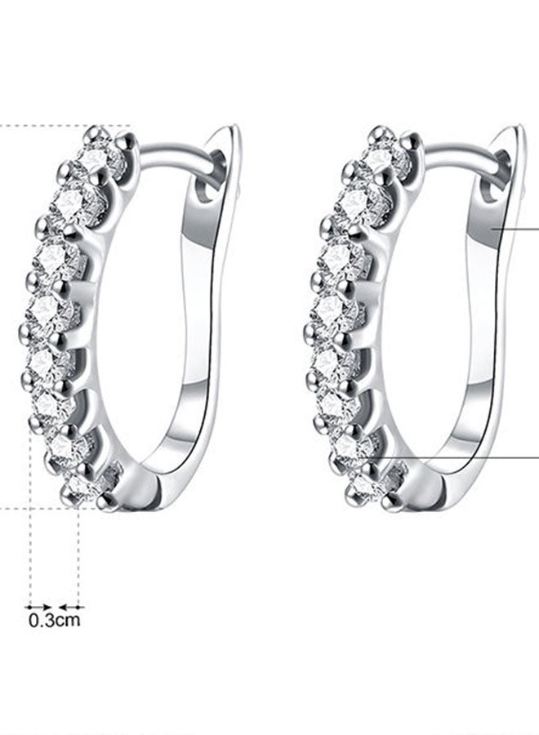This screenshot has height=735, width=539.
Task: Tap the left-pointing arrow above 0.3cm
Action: point(73,607)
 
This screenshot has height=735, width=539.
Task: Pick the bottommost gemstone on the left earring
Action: point(82,487)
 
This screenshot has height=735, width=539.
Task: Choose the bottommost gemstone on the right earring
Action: point(364,487)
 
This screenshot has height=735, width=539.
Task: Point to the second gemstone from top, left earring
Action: point(78,198)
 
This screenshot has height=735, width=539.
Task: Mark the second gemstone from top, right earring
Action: point(360,198)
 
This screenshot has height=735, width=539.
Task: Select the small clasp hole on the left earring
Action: point(206,192)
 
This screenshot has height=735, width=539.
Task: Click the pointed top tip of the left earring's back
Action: point(233,128)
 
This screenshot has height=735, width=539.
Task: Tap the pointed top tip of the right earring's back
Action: point(517,128)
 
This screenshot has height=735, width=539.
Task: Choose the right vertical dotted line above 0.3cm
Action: point(78,555)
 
